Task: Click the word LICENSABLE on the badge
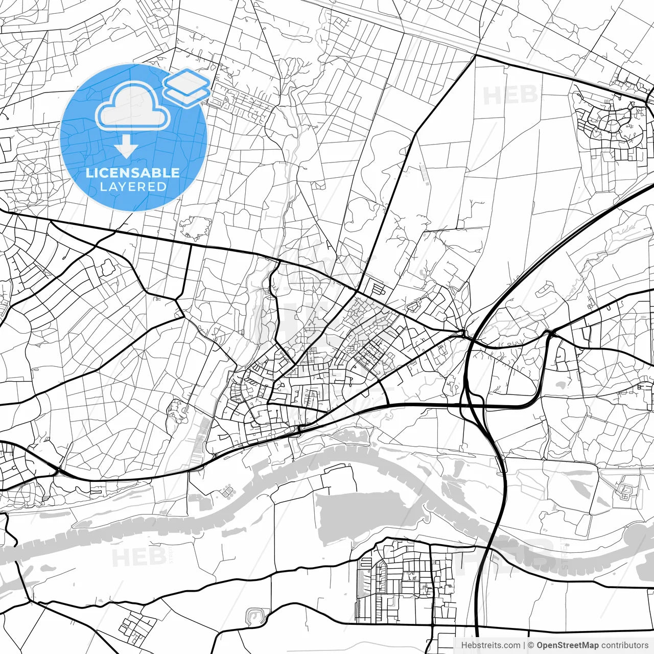(133, 173)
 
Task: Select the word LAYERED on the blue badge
(133, 187)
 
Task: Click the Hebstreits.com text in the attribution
(491, 645)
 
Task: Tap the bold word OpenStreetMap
(568, 645)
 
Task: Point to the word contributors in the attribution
(625, 645)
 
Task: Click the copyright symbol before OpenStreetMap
(531, 645)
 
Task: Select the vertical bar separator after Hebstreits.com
(525, 645)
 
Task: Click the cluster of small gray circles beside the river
(226, 492)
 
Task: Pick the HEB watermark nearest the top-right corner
(510, 96)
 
